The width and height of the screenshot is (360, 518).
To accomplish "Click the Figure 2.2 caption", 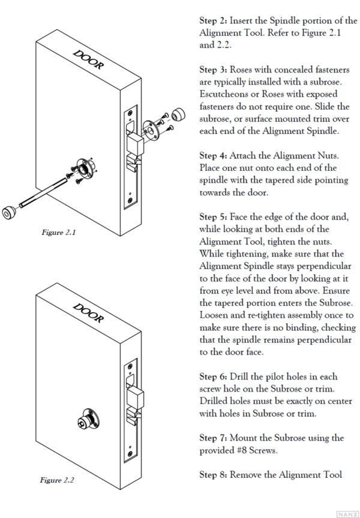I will pos(57,480).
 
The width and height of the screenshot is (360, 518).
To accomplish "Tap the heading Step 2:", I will pos(213,21).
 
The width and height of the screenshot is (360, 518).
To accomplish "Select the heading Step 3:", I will pos(213,71).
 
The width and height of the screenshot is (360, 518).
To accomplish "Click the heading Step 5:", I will pos(213,216).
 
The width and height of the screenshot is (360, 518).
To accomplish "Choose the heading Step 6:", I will pos(213,376).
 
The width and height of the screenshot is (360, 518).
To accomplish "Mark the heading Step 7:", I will pos(213,438).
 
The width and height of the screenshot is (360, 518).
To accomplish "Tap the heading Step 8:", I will pos(213,475).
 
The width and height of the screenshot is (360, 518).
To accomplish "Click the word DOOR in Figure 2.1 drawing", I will pos(87,61).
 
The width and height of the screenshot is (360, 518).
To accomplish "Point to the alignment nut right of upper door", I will pos(177,115).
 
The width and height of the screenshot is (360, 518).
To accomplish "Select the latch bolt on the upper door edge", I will pos(136,144).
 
